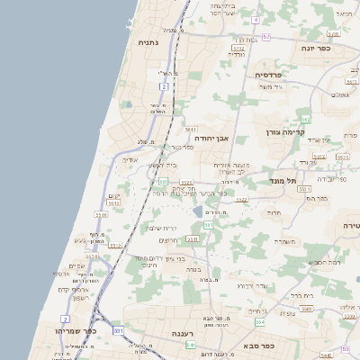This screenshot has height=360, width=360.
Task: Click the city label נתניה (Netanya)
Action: pyautogui.click(x=148, y=42)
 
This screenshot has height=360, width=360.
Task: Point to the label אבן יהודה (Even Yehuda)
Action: pyautogui.click(x=213, y=139)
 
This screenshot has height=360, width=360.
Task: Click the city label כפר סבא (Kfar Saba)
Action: pyautogui.click(x=259, y=345)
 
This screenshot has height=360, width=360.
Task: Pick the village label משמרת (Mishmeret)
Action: pyautogui.click(x=286, y=240)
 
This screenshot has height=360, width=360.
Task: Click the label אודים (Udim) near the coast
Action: pyautogui.click(x=131, y=158)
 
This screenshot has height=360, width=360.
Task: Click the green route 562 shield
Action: pyautogui.click(x=306, y=119)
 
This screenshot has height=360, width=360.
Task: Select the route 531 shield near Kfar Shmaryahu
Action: pyautogui.click(x=118, y=331)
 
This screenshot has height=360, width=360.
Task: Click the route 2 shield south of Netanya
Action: pyautogui.click(x=164, y=85)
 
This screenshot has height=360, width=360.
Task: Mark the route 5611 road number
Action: pyautogui.click(x=190, y=130)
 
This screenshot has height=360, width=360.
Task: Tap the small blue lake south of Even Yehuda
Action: pyautogui.click(x=197, y=211)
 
